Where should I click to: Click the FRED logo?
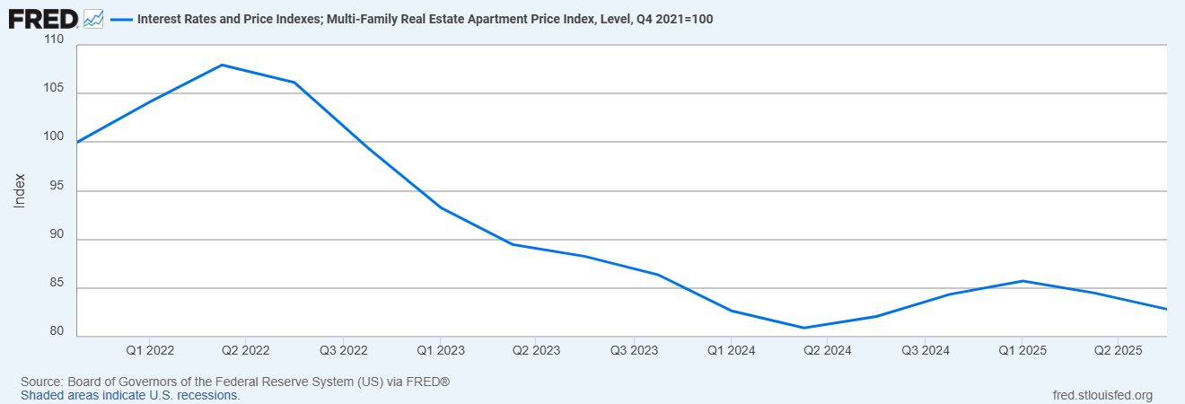pyautogui.click(x=43, y=18)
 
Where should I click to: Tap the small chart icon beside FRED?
pyautogui.click(x=93, y=18)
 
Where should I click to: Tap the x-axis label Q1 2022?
pyautogui.click(x=150, y=349)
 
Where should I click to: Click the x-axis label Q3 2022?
pyautogui.click(x=343, y=349)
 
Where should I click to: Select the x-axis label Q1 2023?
pyautogui.click(x=440, y=349)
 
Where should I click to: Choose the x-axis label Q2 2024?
pyautogui.click(x=827, y=349)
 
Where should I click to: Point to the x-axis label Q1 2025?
pyautogui.click(x=1021, y=349)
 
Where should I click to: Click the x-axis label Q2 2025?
pyautogui.click(x=1117, y=349)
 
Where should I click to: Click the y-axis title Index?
pyautogui.click(x=20, y=191)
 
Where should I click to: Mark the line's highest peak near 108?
pyautogui.click(x=222, y=65)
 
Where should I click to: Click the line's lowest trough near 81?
pyautogui.click(x=803, y=328)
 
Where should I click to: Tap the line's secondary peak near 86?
pyautogui.click(x=1023, y=281)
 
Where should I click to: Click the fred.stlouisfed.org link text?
pyautogui.click(x=1102, y=395)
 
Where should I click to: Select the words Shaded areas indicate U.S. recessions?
pyautogui.click(x=130, y=395)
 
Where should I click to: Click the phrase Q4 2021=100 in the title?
pyautogui.click(x=673, y=19)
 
